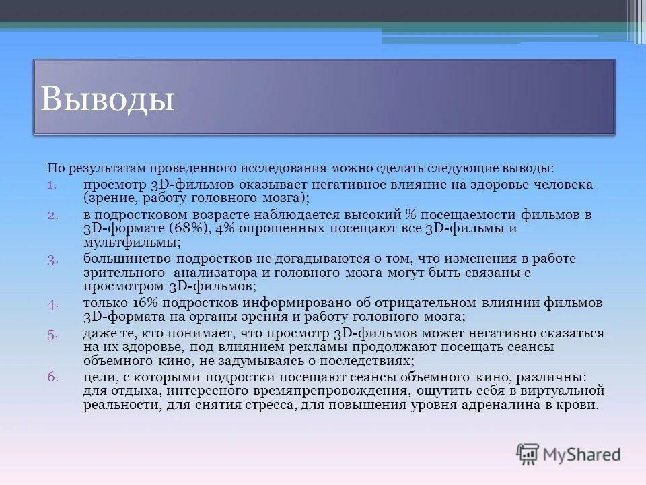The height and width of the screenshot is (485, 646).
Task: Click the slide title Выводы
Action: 108,98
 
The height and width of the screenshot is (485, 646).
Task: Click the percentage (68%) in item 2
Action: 189,228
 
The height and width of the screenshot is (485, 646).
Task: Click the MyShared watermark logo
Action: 569,454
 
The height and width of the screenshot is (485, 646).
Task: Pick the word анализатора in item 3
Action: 212,273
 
